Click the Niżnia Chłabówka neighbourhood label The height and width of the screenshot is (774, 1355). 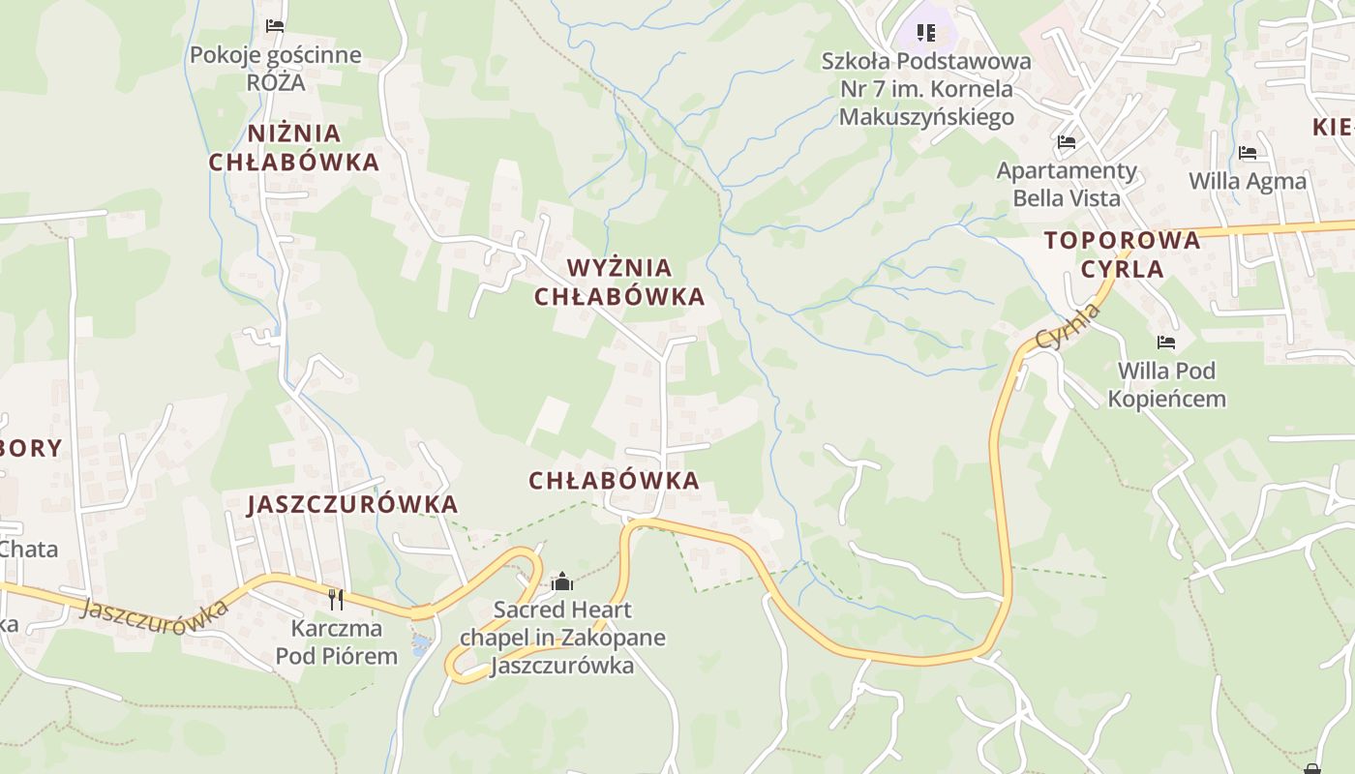click(294, 147)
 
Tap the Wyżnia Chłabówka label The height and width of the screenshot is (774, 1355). click(619, 282)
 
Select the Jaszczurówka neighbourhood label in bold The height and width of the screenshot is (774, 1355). click(352, 504)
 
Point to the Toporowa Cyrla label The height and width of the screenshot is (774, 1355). click(1123, 254)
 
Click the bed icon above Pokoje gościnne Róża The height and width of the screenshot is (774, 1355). click(275, 25)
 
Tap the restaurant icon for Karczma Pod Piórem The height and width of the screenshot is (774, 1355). click(336, 599)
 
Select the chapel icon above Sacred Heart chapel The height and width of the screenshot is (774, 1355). click(562, 581)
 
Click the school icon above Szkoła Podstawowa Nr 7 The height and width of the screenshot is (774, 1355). click(926, 33)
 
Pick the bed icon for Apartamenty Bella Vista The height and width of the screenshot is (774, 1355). click(1067, 142)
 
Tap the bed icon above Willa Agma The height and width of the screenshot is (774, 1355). click(1248, 153)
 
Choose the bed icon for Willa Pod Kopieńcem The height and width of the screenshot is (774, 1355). click(1166, 342)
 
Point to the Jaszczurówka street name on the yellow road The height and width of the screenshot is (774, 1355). click(154, 610)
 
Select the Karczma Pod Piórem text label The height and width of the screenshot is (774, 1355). click(336, 642)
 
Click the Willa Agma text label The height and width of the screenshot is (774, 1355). click(1248, 181)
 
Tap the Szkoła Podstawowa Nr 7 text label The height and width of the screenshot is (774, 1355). click(926, 89)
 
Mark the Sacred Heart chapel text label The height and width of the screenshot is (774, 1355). click(562, 638)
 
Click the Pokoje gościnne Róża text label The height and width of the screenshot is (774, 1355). click(275, 69)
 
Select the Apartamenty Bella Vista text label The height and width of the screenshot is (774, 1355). click(1067, 184)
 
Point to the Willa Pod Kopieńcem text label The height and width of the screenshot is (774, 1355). click(1166, 384)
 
